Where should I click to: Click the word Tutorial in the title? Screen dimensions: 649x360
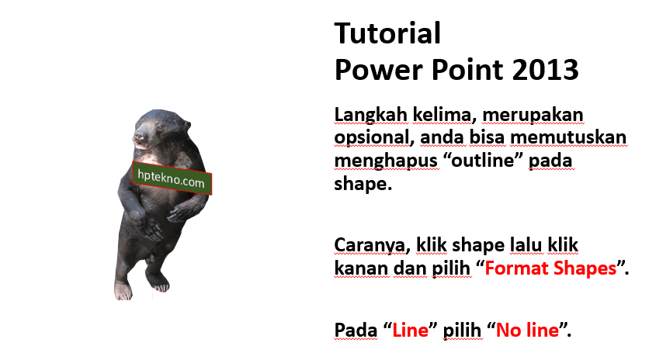[x=387, y=33]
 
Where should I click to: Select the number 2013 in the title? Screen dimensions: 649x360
[x=545, y=70]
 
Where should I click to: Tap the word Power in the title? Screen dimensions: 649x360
[x=379, y=70]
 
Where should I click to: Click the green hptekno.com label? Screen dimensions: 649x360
[x=172, y=178]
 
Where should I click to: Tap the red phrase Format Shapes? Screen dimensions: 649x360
[x=550, y=268]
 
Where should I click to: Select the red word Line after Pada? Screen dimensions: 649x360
[x=410, y=331]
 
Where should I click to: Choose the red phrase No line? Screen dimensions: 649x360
[x=527, y=331]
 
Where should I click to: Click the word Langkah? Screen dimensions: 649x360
[x=371, y=116]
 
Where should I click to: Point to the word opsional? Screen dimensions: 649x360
[x=372, y=138]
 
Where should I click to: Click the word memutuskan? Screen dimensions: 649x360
[x=568, y=137]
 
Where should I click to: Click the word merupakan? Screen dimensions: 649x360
[x=533, y=116]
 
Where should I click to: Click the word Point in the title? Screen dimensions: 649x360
[x=467, y=70]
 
